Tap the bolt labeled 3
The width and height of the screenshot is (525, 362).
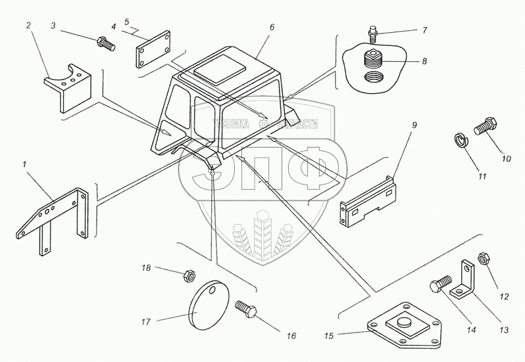pos(106,45)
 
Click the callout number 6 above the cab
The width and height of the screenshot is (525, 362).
pos(253,27)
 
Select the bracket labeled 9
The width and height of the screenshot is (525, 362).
pos(370,198)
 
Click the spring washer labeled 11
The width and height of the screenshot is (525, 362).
pos(462,140)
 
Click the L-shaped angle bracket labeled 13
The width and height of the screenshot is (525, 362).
pos(469,279)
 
